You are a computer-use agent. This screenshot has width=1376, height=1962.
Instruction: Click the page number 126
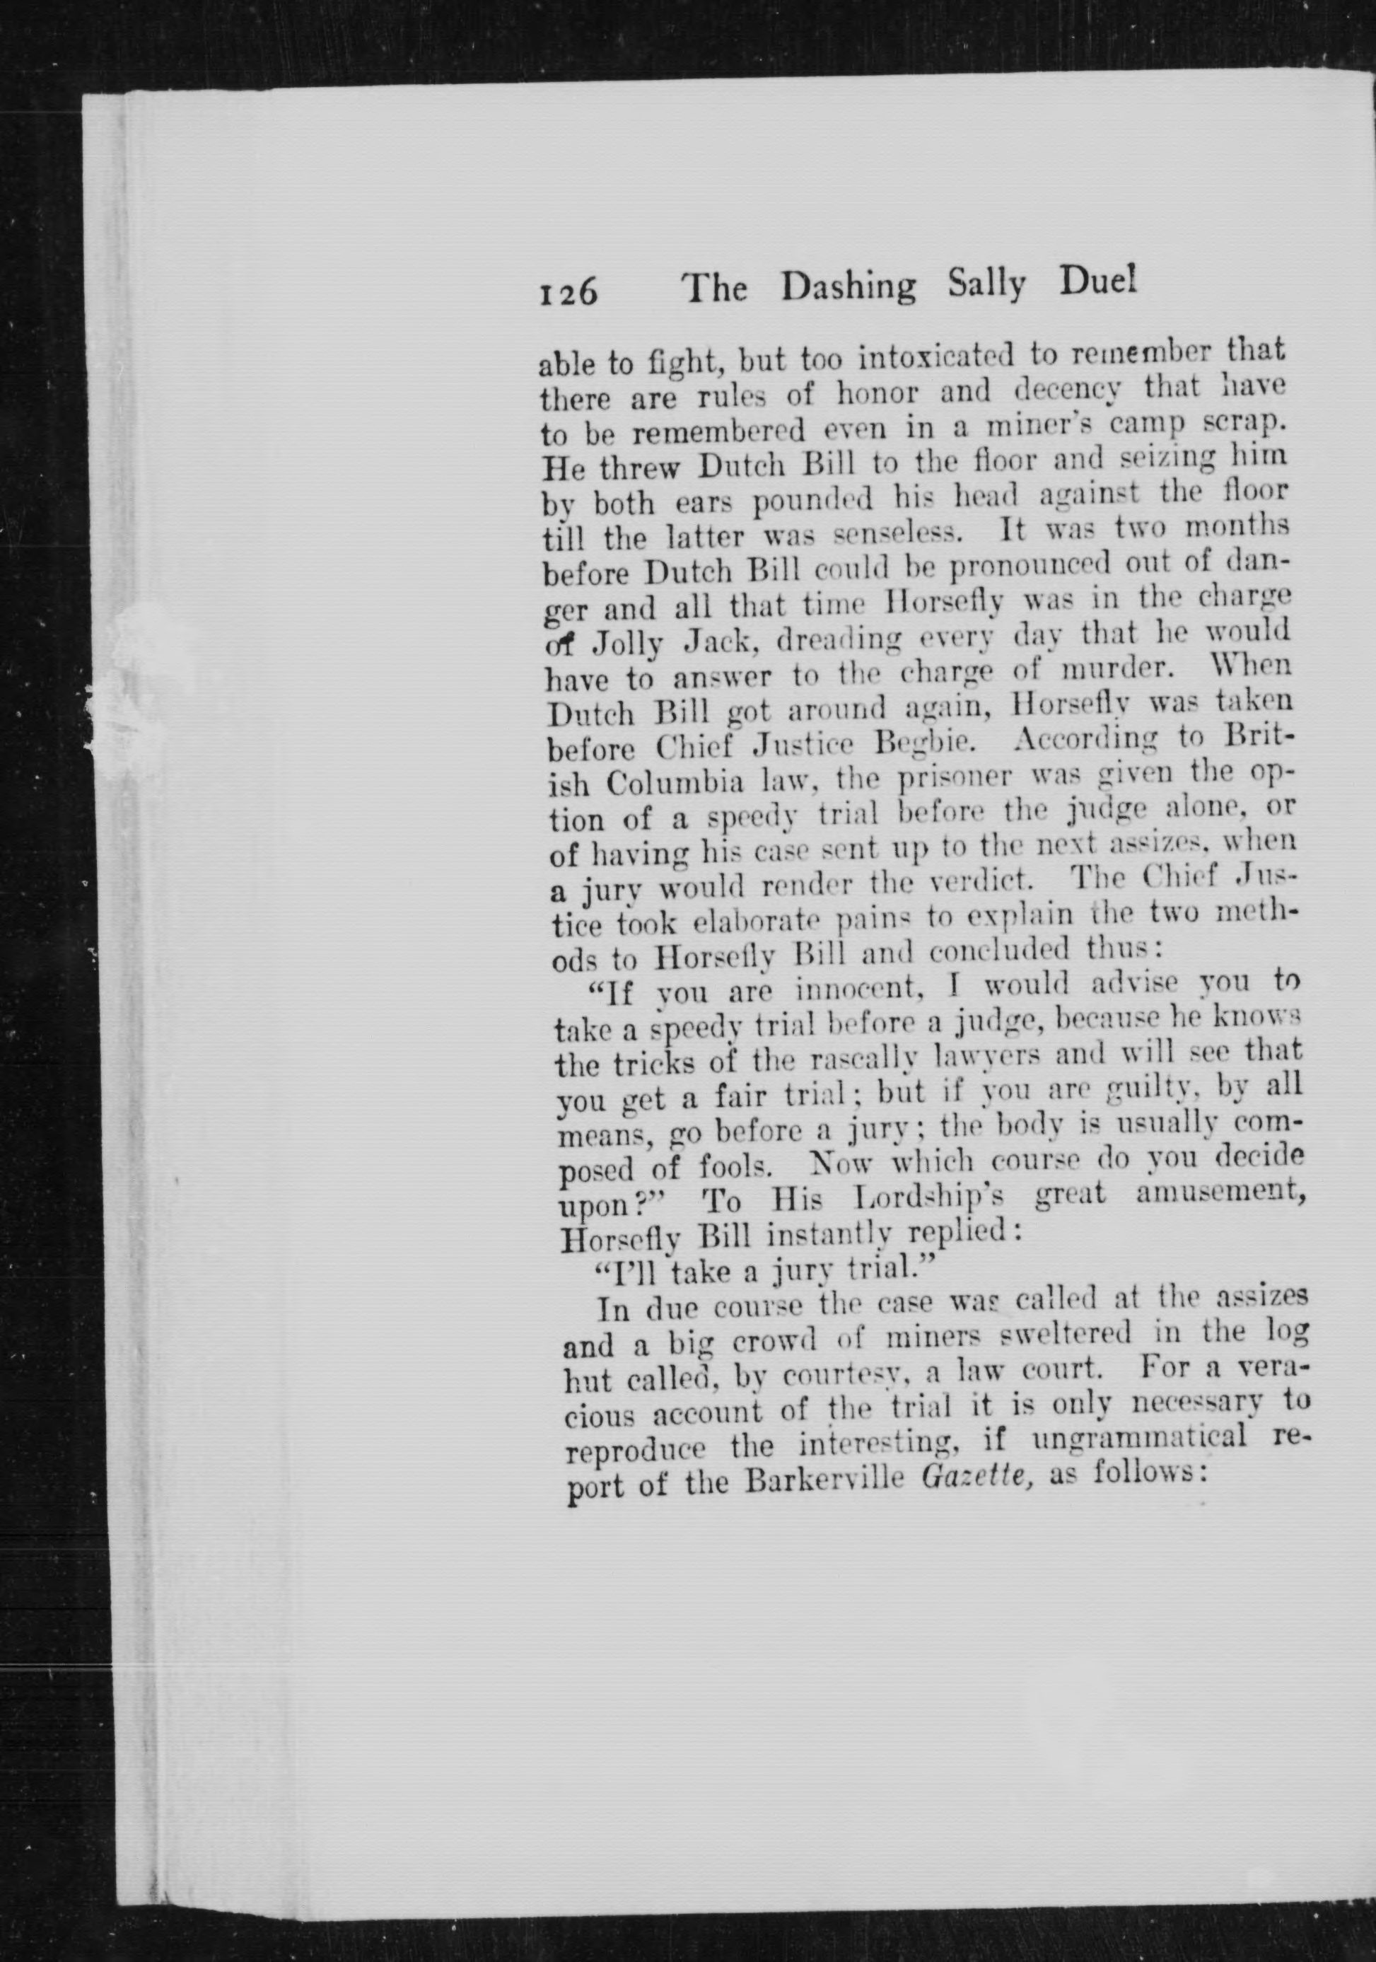(x=567, y=293)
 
